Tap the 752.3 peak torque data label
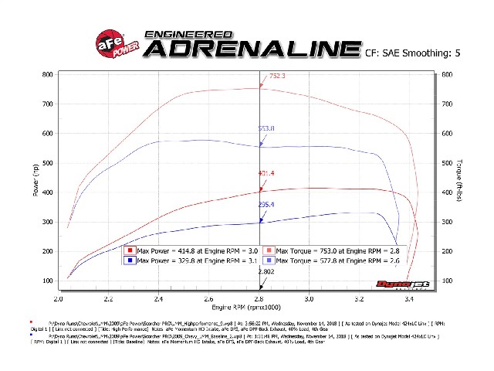pyautogui.click(x=277, y=77)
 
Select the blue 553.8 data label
pyautogui.click(x=266, y=128)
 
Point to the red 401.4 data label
pyautogui.click(x=267, y=173)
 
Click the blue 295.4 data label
pyautogui.click(x=266, y=205)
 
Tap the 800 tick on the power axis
pyautogui.click(x=48, y=75)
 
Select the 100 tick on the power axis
pyautogui.click(x=48, y=281)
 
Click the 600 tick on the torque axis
pyautogui.click(x=447, y=75)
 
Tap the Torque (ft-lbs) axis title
pyautogui.click(x=461, y=178)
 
